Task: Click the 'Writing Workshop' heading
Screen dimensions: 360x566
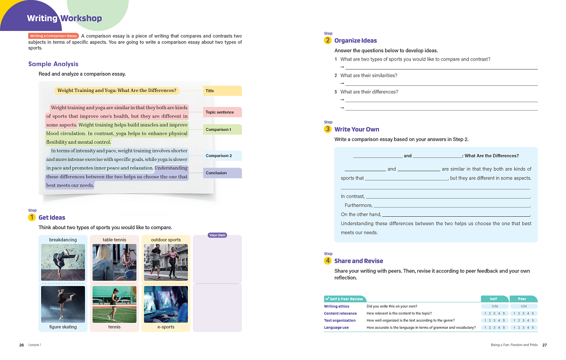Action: click(x=64, y=18)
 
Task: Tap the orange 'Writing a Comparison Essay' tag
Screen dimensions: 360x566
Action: click(x=54, y=36)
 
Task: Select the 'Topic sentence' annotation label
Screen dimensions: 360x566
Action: click(x=222, y=112)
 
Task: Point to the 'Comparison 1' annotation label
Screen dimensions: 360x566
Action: click(x=222, y=130)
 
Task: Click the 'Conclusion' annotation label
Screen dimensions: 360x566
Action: click(x=222, y=173)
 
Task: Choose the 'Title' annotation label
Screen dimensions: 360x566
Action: click(x=222, y=91)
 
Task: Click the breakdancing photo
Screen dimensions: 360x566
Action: click(x=63, y=262)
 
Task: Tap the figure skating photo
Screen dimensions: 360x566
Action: click(x=63, y=304)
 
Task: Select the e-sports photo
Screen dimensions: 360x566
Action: click(x=166, y=304)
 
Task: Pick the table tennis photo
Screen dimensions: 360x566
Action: click(x=115, y=262)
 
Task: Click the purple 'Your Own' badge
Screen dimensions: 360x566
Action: click(x=217, y=235)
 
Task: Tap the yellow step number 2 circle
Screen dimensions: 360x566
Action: click(x=328, y=41)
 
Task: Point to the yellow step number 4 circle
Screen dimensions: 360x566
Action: click(x=328, y=261)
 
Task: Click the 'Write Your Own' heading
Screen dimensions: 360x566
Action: click(x=356, y=129)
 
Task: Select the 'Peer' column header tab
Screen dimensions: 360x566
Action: click(x=523, y=299)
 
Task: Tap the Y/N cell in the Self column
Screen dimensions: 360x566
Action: click(x=495, y=306)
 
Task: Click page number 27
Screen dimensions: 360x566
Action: click(x=544, y=345)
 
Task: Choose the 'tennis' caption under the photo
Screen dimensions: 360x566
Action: click(x=115, y=327)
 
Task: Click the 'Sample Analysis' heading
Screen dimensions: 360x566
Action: click(x=53, y=64)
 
